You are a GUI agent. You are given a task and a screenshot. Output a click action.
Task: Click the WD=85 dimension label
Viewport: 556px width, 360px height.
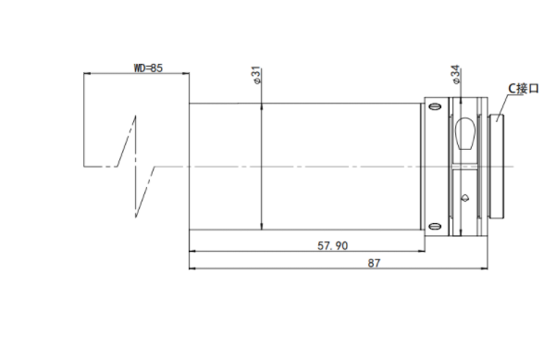click(148, 68)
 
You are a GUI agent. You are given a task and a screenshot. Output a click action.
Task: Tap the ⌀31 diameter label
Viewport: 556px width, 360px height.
click(257, 76)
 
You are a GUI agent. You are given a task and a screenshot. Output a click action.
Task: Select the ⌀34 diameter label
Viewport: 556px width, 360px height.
click(456, 74)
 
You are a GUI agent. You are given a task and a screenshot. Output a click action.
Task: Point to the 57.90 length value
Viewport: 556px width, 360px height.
click(332, 245)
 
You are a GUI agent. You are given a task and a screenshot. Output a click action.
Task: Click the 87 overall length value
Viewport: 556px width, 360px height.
click(374, 263)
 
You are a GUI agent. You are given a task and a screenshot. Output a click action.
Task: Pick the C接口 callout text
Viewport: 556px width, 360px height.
click(524, 88)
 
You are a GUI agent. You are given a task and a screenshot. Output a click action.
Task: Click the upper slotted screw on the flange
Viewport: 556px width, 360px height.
click(435, 106)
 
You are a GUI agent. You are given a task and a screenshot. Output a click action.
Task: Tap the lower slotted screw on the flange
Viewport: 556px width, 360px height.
click(435, 227)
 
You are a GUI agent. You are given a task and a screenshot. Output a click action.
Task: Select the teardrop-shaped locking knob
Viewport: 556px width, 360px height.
click(464, 133)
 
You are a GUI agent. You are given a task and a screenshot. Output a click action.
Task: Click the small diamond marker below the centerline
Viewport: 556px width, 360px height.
click(465, 198)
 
